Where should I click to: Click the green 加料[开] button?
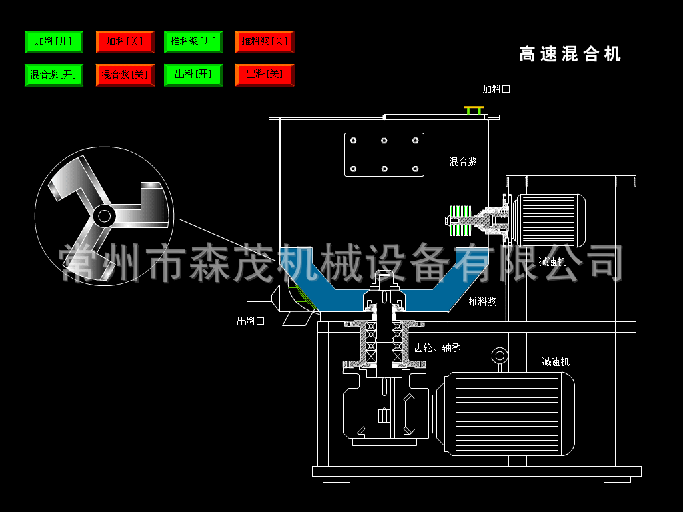pos(53,41)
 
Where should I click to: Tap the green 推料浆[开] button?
pos(193,41)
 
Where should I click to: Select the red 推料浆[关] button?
pos(265,41)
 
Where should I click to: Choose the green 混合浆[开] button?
pos(53,75)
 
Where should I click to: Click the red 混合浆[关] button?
pos(125,75)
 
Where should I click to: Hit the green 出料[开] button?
pos(193,75)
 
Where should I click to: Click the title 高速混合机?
pos(570,54)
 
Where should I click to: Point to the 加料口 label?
pos(496,89)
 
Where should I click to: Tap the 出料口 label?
pos(251,321)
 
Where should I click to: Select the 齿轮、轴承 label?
pos(437,347)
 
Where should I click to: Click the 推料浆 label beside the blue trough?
pos(482,301)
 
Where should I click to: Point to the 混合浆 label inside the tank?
pos(463,161)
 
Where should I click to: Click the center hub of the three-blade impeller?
pos(103,215)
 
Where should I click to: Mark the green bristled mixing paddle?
pos(460,220)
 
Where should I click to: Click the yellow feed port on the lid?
pos(474,109)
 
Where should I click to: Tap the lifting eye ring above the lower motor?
pos(499,355)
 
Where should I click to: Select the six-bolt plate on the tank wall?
pos(384,155)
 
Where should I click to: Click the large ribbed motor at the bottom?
pos(510,413)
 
